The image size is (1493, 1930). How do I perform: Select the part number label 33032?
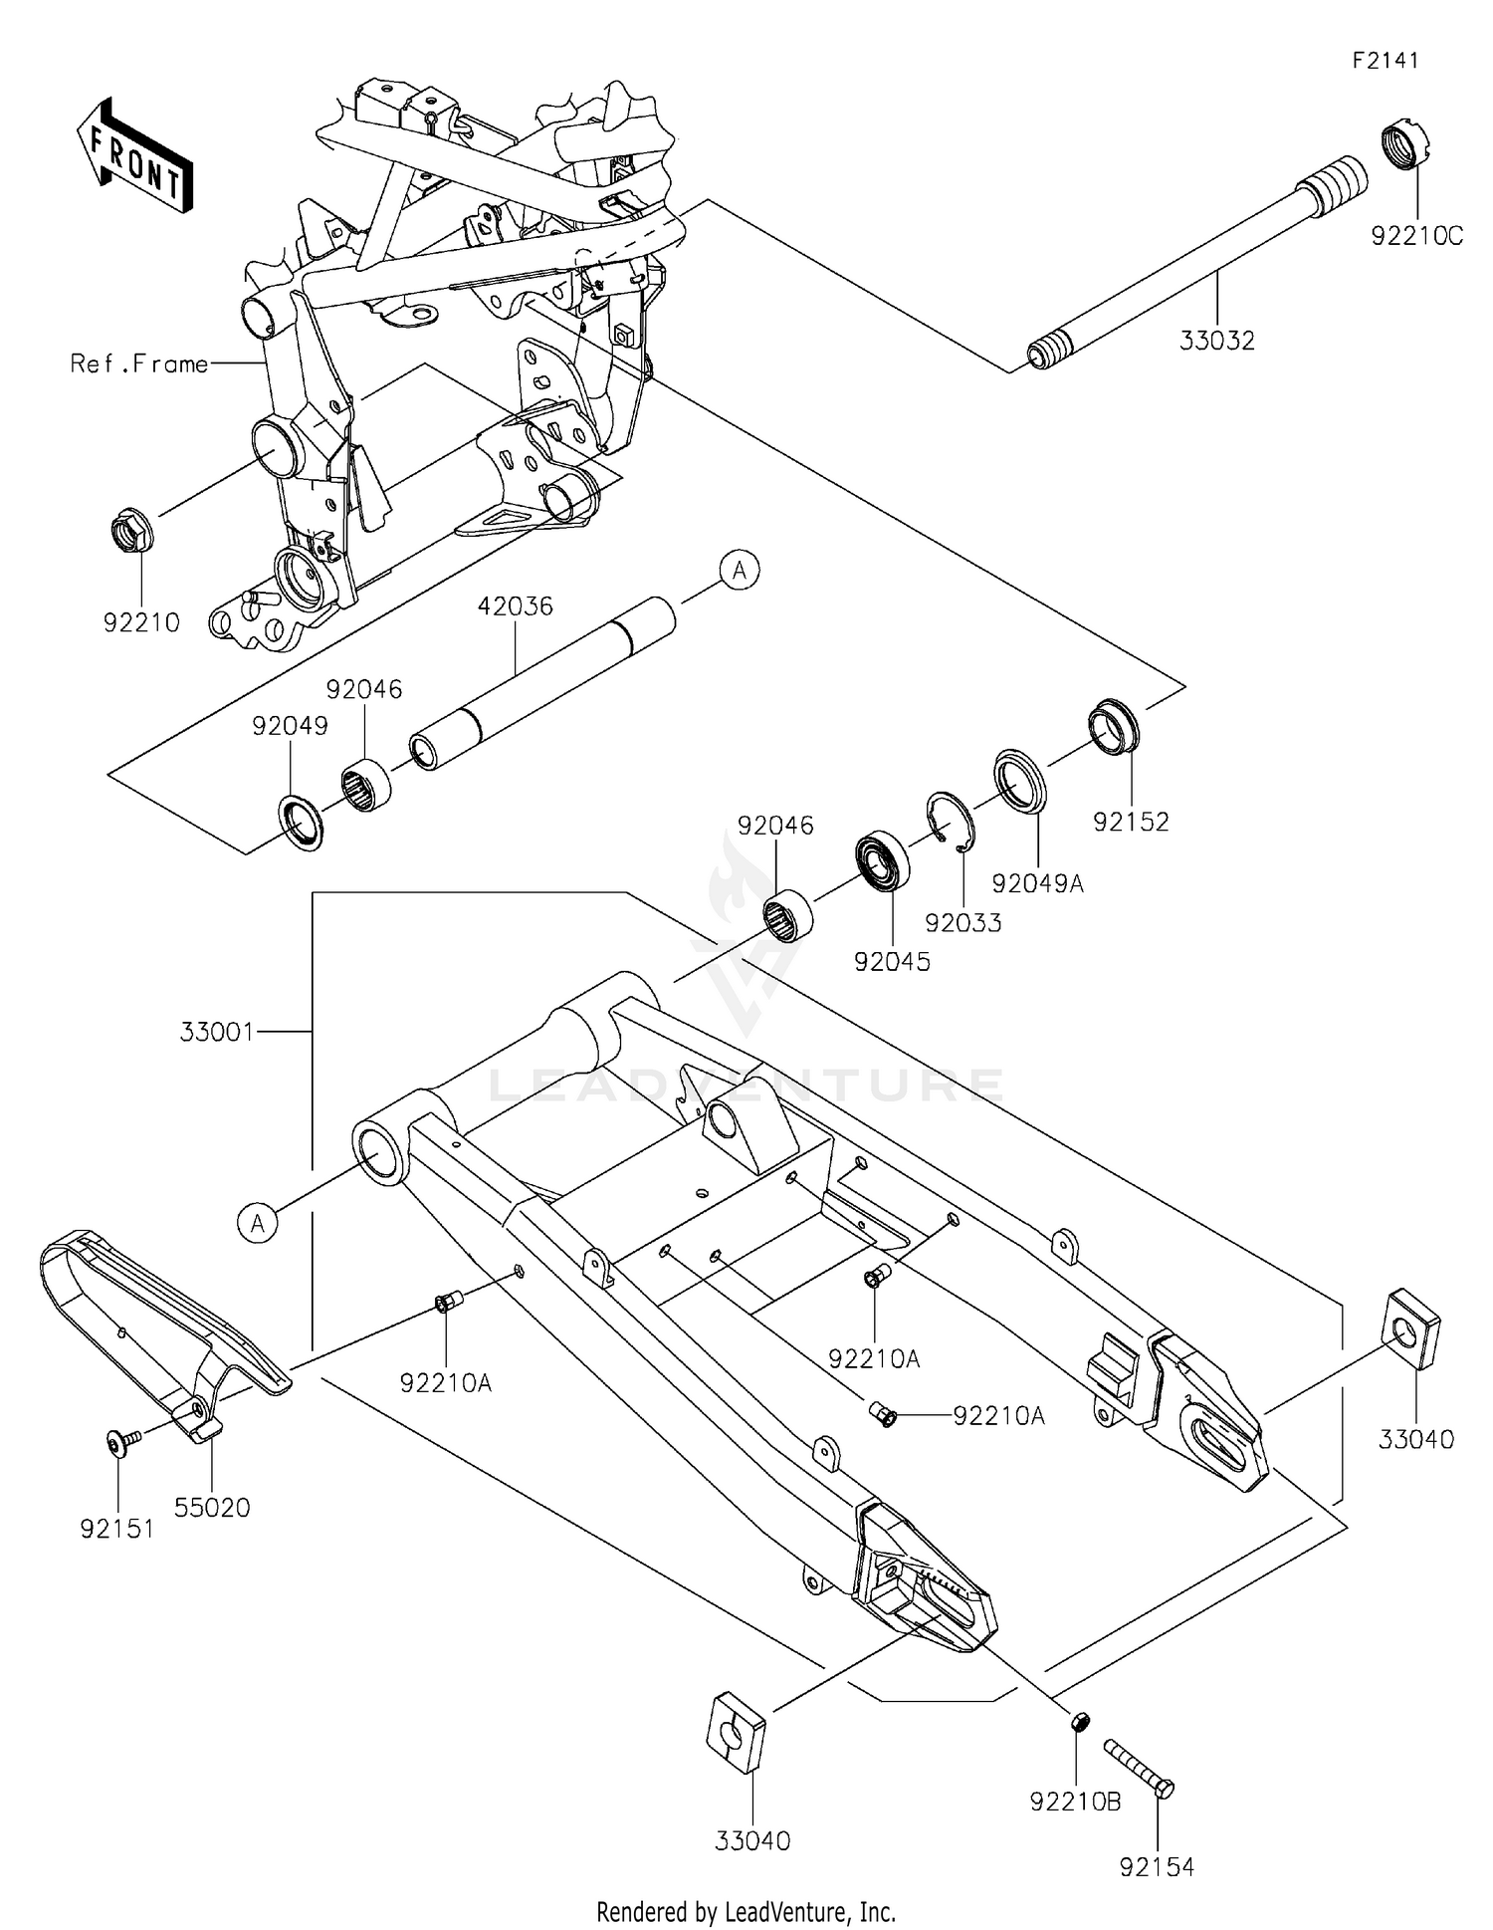click(1216, 341)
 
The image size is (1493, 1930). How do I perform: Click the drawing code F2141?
click(1385, 61)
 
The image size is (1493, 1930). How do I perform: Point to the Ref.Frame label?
click(139, 364)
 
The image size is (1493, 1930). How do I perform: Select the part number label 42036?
click(515, 605)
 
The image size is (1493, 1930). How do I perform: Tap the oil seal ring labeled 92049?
click(300, 823)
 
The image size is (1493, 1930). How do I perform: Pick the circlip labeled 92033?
click(950, 823)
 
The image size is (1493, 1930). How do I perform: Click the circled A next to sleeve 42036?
click(740, 572)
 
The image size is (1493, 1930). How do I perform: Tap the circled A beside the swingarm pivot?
click(258, 1222)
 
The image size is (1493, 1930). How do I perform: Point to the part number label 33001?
click(216, 1032)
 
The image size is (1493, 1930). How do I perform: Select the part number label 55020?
click(212, 1508)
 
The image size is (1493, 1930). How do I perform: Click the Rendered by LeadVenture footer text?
click(746, 1911)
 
